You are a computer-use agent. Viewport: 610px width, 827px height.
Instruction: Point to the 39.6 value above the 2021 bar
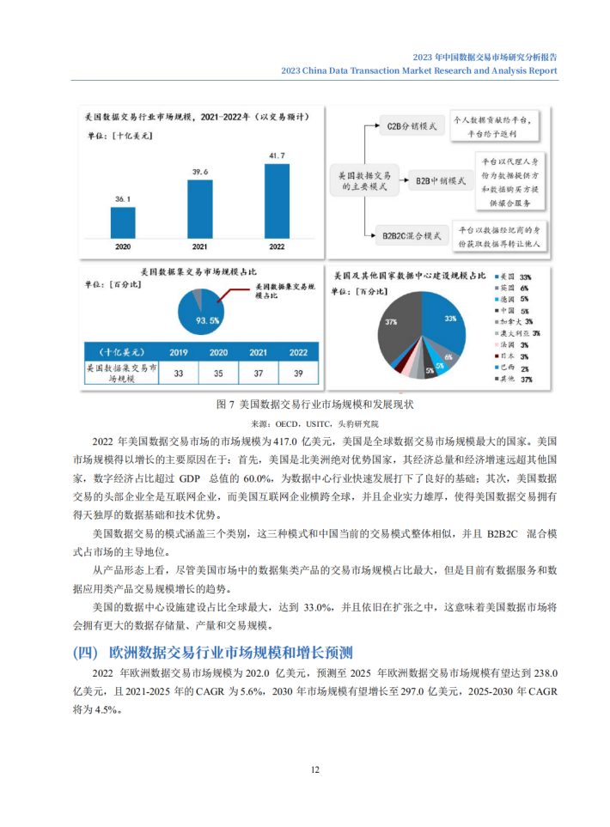pyautogui.click(x=199, y=172)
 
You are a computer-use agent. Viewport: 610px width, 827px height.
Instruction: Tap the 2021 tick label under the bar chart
pyautogui.click(x=199, y=246)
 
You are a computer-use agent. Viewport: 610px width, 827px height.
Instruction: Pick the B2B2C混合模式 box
pyautogui.click(x=412, y=234)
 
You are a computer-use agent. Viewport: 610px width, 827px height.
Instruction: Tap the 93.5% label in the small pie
pyautogui.click(x=208, y=319)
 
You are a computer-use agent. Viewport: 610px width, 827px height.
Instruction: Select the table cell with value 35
pyautogui.click(x=218, y=373)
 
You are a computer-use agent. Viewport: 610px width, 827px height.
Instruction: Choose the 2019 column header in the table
pyautogui.click(x=179, y=352)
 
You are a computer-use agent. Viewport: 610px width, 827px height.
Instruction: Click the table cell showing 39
pyautogui.click(x=298, y=373)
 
